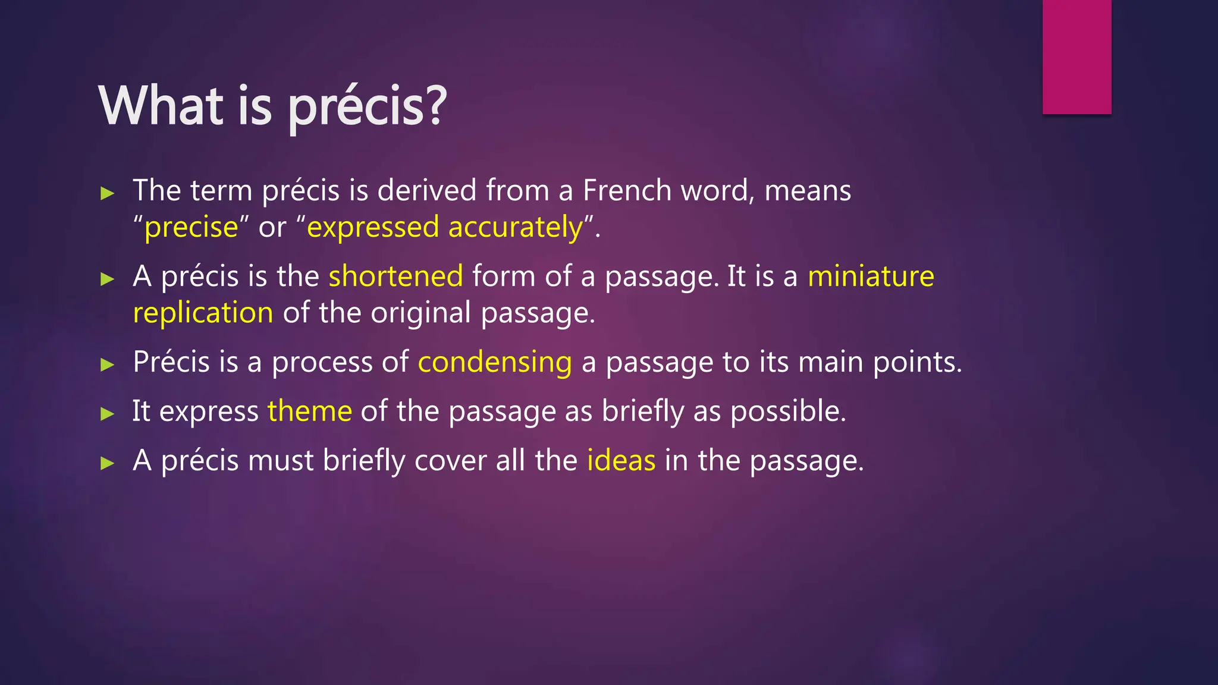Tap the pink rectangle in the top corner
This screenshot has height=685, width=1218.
1076,56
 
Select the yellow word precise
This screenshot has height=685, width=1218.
191,228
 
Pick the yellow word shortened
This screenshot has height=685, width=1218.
395,276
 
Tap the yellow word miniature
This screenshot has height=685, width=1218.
871,276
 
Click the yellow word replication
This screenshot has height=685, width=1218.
203,313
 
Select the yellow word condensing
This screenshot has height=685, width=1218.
495,362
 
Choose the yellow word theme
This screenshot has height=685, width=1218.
310,411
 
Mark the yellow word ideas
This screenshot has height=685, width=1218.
621,461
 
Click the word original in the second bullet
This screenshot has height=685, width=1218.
420,313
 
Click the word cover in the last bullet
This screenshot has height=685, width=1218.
450,461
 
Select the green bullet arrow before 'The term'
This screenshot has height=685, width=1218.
107,193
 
